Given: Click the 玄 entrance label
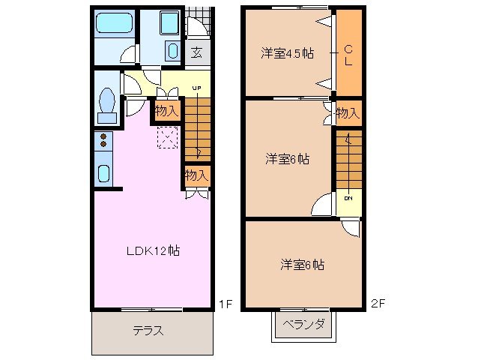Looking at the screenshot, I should pyautogui.click(x=196, y=52).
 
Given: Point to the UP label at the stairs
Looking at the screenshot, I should pyautogui.click(x=196, y=88).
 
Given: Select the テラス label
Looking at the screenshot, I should pyautogui.click(x=148, y=330).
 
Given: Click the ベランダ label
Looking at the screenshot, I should pyautogui.click(x=304, y=325).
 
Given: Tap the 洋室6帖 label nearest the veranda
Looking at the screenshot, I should pyautogui.click(x=302, y=264).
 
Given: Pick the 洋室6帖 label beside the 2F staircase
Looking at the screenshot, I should pyautogui.click(x=288, y=159).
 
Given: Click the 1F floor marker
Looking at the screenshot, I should pyautogui.click(x=225, y=304).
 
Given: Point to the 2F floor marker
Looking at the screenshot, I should pyautogui.click(x=378, y=304).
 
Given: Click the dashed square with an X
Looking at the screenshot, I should pyautogui.click(x=167, y=137).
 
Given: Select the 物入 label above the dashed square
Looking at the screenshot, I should pyautogui.click(x=166, y=111).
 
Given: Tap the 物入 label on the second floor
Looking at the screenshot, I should pyautogui.click(x=347, y=113).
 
